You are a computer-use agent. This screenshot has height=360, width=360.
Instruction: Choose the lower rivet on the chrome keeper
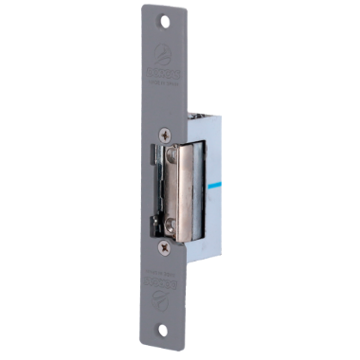point(171,225)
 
